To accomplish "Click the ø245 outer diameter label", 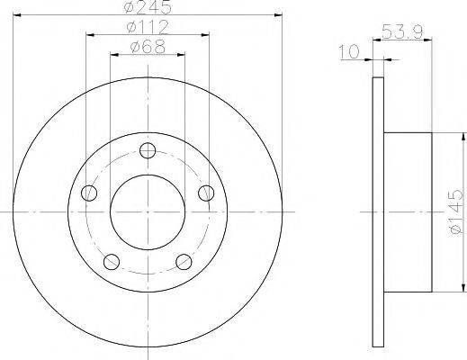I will [148, 7].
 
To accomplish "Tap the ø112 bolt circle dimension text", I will [148, 27].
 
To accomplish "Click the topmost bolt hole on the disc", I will [147, 152].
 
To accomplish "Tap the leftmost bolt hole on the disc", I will [88, 192].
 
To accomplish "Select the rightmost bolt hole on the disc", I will [206, 192].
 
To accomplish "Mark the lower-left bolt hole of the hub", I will [111, 261].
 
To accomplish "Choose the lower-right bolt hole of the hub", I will [184, 261].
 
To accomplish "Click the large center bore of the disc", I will [147, 211].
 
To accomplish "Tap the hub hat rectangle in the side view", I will [409, 211].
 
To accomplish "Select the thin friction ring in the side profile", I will [379, 211].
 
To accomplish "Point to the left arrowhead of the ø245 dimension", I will [19, 15].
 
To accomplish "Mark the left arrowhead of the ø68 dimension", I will [112, 55].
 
